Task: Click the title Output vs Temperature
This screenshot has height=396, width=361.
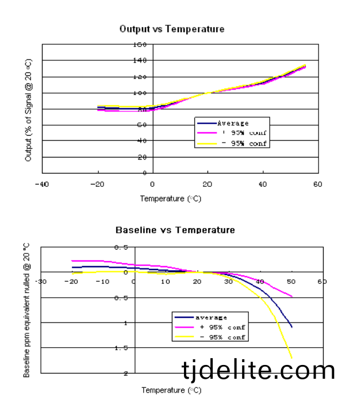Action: click(x=171, y=29)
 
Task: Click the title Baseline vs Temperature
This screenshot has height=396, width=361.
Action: click(x=175, y=230)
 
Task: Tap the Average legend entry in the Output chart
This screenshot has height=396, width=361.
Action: click(x=233, y=123)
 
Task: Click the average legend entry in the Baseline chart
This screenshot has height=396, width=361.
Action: click(x=211, y=317)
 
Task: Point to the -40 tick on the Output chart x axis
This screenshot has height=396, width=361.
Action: click(x=41, y=184)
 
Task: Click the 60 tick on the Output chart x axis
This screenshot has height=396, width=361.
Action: click(x=317, y=184)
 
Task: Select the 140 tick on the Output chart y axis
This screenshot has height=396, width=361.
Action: click(x=140, y=60)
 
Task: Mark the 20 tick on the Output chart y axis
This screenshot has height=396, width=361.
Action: click(x=142, y=157)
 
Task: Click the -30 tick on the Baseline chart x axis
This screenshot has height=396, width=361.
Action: click(x=41, y=282)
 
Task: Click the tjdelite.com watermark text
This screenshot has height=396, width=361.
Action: click(x=258, y=370)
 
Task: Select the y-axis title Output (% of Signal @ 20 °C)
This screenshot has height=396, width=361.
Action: click(x=29, y=109)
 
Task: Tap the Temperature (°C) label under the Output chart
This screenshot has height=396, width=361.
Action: click(x=171, y=199)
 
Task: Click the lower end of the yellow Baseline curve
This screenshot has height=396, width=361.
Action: click(x=291, y=357)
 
